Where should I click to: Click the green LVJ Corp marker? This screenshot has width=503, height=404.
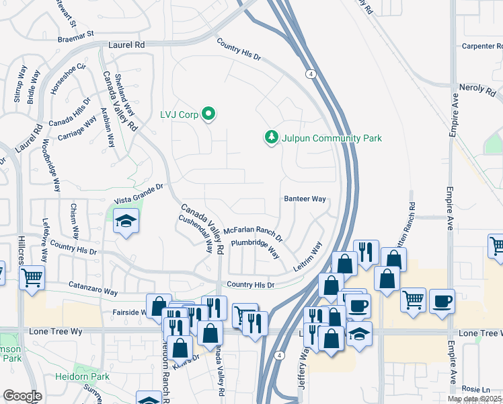208,114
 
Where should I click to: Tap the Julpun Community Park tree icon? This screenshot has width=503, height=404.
272,137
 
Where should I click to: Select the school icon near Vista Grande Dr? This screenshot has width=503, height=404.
125,222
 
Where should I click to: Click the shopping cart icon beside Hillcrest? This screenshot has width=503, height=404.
32,277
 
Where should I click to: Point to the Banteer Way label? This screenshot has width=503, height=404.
305,199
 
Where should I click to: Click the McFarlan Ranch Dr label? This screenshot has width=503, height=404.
253,234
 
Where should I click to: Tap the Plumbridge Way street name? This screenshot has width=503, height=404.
255,248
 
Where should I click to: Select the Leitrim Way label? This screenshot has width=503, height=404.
308,257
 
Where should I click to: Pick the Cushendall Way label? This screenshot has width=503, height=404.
195,230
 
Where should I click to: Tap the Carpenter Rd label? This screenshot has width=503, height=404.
481,46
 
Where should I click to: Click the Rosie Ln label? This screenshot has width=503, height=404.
477,389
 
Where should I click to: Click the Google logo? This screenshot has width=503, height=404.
22,395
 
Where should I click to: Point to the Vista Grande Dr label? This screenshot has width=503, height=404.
139,194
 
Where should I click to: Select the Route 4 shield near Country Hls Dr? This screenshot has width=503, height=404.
310,73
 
